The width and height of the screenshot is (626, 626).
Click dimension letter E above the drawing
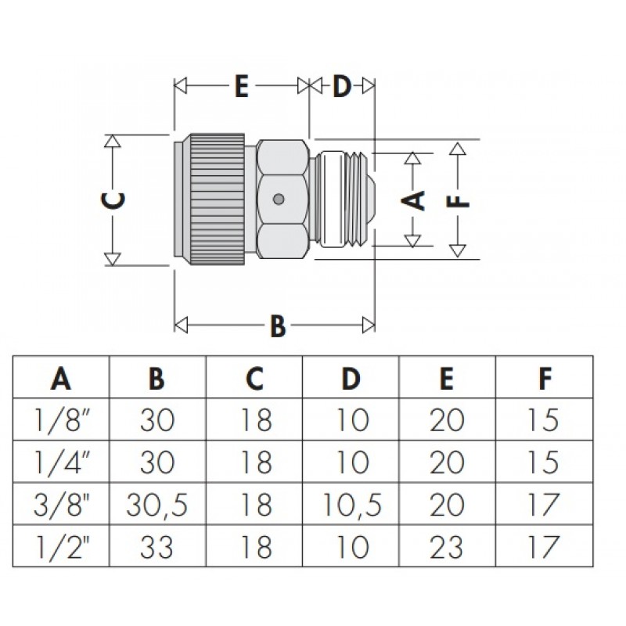(242, 85)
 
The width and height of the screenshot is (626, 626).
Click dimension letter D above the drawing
(342, 86)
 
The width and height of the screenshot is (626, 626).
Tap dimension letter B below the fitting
(278, 326)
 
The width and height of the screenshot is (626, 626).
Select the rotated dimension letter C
(113, 200)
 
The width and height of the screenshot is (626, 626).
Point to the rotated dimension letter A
(413, 200)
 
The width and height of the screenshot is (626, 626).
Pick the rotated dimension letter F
(459, 200)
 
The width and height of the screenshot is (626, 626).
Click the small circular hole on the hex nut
(279, 199)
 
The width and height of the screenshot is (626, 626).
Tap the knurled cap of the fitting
(218, 200)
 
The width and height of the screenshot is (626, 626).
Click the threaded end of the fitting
(347, 200)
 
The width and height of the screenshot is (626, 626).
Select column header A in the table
(61, 378)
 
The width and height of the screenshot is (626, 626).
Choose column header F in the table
(545, 378)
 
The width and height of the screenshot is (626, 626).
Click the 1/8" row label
(63, 420)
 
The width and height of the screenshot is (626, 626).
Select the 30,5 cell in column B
(157, 505)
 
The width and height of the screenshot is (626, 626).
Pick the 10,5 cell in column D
(351, 505)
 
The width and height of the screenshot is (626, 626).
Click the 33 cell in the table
(157, 546)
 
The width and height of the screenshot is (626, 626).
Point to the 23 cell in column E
(447, 546)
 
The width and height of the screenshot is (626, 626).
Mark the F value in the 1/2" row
(543, 546)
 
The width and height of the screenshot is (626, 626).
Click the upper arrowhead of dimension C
(113, 142)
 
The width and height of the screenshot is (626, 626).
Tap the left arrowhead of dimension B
(182, 325)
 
